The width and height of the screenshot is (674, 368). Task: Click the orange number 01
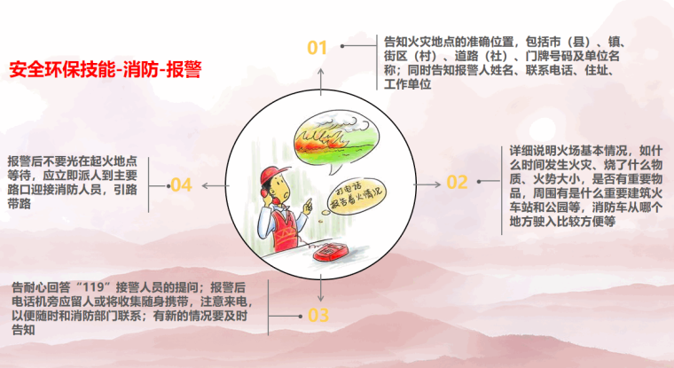tap(317, 47)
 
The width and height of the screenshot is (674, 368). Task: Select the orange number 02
tap(456, 183)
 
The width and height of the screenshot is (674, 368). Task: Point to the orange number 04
tap(181, 184)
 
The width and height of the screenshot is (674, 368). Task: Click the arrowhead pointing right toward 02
tap(434, 184)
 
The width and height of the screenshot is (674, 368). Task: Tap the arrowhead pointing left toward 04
tap(206, 184)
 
